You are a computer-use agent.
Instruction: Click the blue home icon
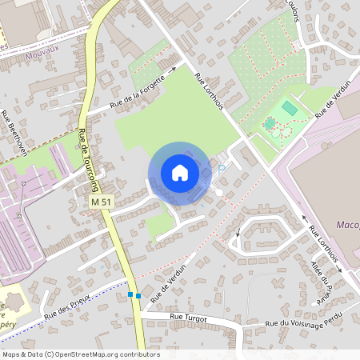(x=179, y=173)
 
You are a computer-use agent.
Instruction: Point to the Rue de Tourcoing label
(x=82, y=147)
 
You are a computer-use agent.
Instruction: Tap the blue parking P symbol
(x=222, y=169)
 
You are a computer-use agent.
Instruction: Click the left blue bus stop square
(x=130, y=295)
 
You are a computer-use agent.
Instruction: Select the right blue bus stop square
(x=138, y=296)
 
